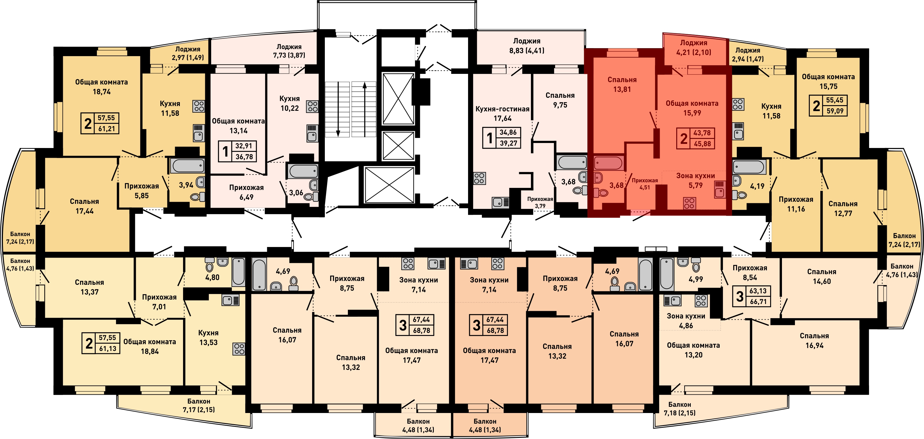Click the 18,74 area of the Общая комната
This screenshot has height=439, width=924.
[102, 92]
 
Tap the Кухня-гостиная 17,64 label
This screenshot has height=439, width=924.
[502, 113]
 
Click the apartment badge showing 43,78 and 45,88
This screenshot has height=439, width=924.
[695, 138]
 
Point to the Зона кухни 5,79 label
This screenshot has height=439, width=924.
[695, 180]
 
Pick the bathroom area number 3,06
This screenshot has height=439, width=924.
[296, 193]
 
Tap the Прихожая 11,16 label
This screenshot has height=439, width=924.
[796, 204]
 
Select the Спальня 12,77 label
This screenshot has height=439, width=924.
[842, 208]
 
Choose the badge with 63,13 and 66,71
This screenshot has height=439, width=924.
[752, 296]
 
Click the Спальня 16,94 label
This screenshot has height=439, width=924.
[814, 340]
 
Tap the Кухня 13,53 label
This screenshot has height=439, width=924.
[208, 337]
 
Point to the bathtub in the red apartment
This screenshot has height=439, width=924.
[608, 163]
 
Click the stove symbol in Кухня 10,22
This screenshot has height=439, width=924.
[312, 107]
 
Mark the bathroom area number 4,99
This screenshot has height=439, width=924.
[695, 279]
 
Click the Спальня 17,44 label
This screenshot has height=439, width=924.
[84, 206]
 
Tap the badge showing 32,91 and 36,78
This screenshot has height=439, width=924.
[237, 151]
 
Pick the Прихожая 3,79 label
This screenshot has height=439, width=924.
[540, 202]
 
